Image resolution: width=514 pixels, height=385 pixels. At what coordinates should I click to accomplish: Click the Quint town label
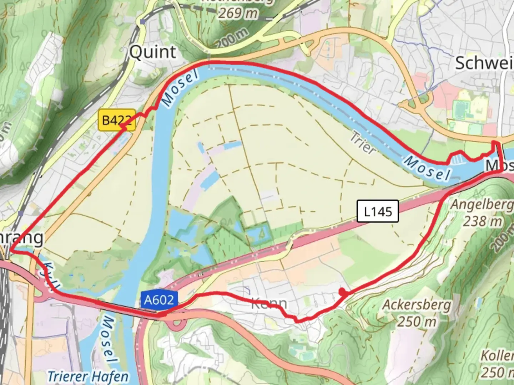(152, 52)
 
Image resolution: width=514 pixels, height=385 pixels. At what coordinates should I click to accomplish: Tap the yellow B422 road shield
(116, 120)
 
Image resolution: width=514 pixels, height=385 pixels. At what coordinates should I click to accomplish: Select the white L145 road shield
(378, 211)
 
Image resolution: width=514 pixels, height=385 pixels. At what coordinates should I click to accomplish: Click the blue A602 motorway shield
(159, 300)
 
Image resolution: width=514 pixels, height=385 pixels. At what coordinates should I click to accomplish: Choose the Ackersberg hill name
(417, 306)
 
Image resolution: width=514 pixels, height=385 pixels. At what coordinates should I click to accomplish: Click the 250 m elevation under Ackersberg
(417, 322)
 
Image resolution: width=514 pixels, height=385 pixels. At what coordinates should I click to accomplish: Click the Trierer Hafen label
(88, 376)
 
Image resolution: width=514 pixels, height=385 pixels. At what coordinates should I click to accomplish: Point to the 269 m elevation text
(238, 13)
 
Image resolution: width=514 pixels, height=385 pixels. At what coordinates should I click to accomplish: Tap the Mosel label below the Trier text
(427, 168)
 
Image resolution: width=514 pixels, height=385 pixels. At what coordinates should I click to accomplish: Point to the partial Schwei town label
(484, 63)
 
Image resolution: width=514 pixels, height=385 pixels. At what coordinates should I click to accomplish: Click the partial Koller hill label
(497, 356)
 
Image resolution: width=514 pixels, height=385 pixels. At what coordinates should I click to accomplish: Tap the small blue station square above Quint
(143, 22)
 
